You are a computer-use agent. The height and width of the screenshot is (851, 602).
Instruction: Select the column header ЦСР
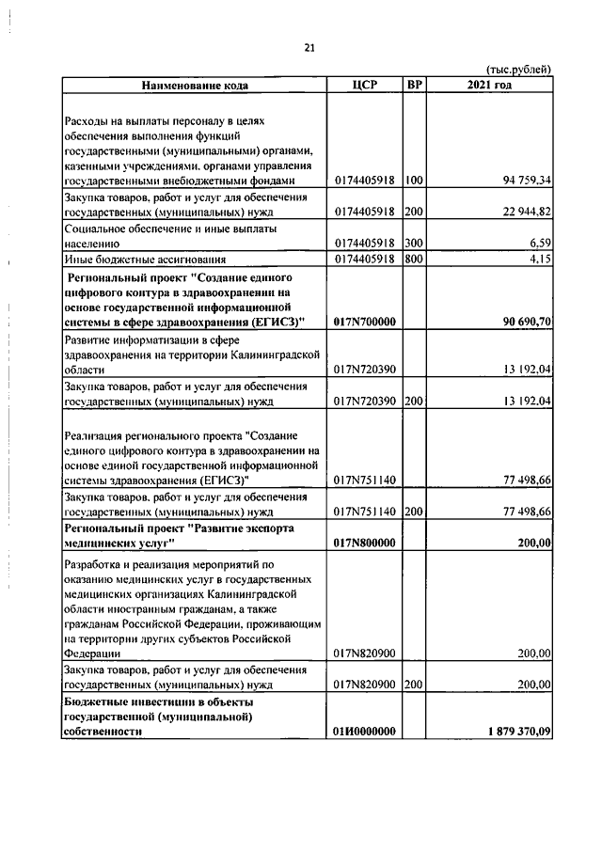[364, 85]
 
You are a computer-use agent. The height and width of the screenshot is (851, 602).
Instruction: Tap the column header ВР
[414, 85]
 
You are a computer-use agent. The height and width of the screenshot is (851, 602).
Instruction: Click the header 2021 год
[489, 85]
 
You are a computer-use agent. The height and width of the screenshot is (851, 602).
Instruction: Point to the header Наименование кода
[195, 86]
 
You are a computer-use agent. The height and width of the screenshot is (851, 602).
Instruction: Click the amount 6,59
[538, 243]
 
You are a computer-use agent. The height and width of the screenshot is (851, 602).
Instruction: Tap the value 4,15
[538, 259]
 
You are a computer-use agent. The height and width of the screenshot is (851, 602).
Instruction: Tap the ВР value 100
[413, 180]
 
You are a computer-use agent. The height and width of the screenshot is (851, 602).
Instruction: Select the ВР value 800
[413, 259]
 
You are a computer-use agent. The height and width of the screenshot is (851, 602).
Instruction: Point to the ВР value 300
[413, 243]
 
